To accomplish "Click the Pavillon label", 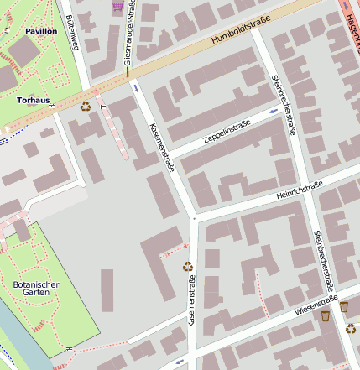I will pyautogui.click(x=41, y=30).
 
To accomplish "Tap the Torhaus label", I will pyautogui.click(x=34, y=100).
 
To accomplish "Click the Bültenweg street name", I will pyautogui.click(x=72, y=34).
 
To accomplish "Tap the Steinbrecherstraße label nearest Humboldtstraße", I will pyautogui.click(x=283, y=105).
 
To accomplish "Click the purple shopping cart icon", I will pyautogui.click(x=117, y=6).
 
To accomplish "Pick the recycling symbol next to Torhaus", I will pyautogui.click(x=85, y=106).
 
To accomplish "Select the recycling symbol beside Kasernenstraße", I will pyautogui.click(x=188, y=267).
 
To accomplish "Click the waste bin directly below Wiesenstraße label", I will pyautogui.click(x=326, y=316).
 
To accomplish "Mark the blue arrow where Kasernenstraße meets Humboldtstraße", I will pyautogui.click(x=135, y=86).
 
